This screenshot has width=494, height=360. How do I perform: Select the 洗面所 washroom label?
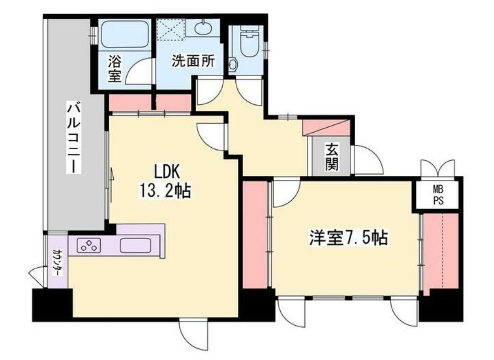point(193,61)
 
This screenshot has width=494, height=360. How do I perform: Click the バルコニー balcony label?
point(73,138)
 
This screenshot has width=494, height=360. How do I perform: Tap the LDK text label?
point(166,171)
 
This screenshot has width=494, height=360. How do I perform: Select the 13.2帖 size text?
point(164,191)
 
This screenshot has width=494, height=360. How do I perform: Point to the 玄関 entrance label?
point(332,157)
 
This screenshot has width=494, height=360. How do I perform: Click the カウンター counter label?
point(56,261)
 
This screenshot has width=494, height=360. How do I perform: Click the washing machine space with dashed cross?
point(171,30)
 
